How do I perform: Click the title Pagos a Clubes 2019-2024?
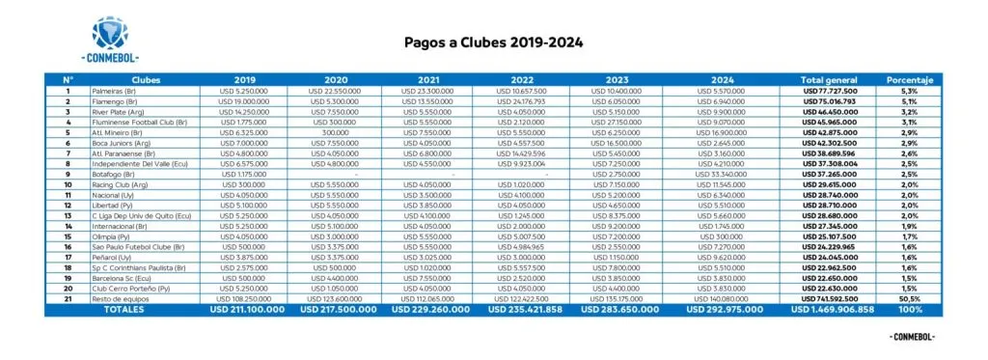click(492, 42)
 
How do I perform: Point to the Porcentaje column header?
click(910, 79)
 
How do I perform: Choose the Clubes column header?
click(147, 79)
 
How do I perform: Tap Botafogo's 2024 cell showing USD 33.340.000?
click(727, 175)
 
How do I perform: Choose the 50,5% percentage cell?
click(910, 299)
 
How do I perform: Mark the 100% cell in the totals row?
click(910, 311)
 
